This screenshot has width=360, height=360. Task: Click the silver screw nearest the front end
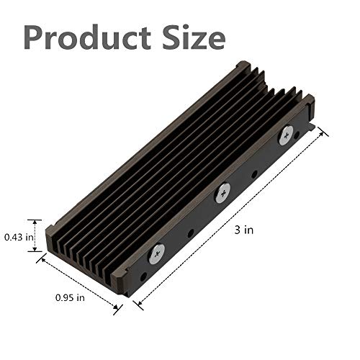156,252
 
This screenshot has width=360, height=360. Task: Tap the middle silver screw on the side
223,192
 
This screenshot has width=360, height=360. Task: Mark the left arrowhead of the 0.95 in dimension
42,260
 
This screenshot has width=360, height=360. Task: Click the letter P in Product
35,36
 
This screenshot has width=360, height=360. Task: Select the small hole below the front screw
143,276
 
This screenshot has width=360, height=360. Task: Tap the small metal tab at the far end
314,130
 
